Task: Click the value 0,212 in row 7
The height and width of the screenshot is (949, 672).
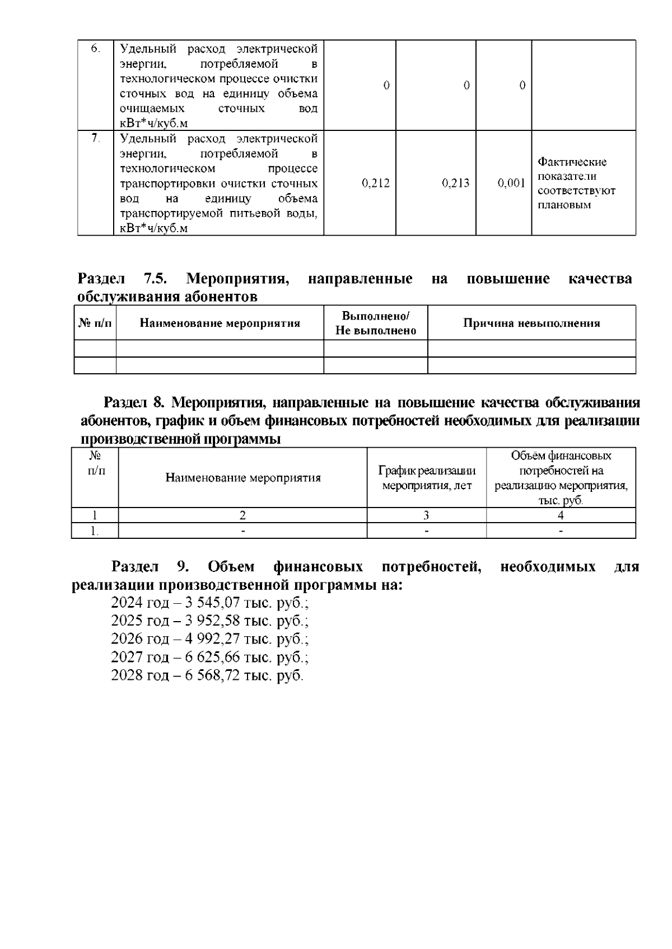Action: point(376,183)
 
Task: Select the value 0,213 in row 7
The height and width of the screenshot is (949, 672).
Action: point(455,183)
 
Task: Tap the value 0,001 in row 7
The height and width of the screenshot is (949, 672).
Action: point(511,183)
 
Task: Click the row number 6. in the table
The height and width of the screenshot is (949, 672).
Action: point(96,49)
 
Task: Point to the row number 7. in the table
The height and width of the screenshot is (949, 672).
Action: point(96,138)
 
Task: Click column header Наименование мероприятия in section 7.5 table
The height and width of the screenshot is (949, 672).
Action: point(220,323)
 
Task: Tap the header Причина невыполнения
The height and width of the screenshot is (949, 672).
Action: point(531,323)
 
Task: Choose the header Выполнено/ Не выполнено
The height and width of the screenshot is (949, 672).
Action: point(376,323)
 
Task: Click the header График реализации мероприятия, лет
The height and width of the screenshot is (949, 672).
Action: point(427,478)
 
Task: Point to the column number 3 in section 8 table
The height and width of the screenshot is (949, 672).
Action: point(426,515)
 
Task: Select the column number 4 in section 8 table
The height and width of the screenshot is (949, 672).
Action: point(561,515)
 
